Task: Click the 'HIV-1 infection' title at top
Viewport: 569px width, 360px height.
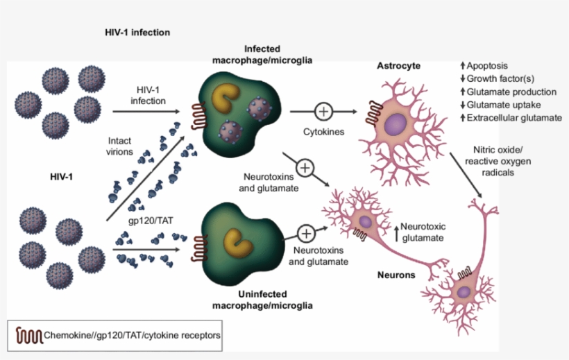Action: pyautogui.click(x=135, y=33)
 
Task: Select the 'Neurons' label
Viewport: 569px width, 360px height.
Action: pyautogui.click(x=396, y=275)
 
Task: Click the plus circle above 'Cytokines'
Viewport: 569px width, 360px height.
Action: pyautogui.click(x=323, y=111)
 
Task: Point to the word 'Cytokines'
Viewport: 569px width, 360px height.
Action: pyautogui.click(x=323, y=131)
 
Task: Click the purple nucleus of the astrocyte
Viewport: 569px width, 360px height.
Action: pyautogui.click(x=396, y=126)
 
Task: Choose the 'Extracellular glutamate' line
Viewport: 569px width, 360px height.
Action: pyautogui.click(x=513, y=118)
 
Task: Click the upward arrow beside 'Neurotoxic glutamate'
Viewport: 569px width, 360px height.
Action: pyautogui.click(x=397, y=232)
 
